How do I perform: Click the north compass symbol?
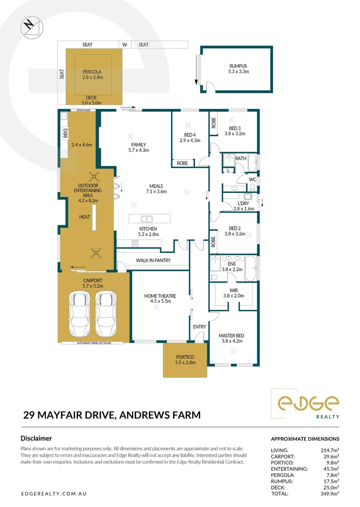tap(31, 26)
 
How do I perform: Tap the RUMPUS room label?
tap(238, 66)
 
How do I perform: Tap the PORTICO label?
tap(184, 357)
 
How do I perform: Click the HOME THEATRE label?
tap(160, 296)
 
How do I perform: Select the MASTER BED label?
tap(231, 336)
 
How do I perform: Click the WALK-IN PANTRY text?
tap(153, 260)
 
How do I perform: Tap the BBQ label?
tap(65, 133)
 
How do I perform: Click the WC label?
tap(252, 179)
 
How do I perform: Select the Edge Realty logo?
tap(307, 404)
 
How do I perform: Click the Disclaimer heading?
tap(36, 438)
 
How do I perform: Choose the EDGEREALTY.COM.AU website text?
tap(54, 493)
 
